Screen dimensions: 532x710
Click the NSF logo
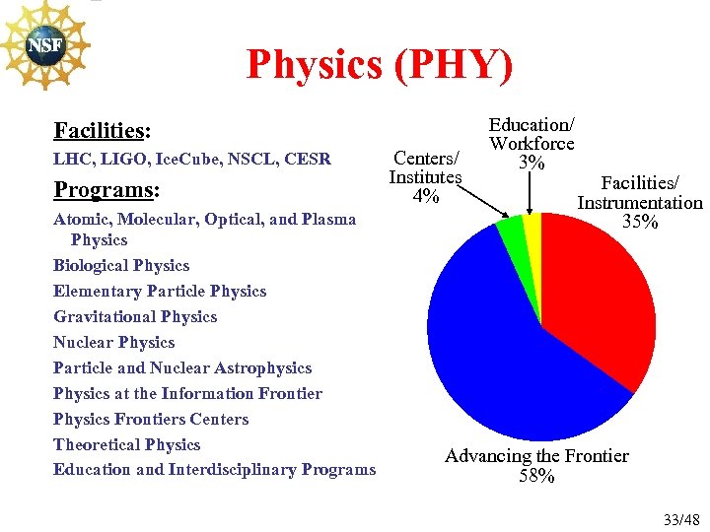[43, 46]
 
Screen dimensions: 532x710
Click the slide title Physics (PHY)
[380, 65]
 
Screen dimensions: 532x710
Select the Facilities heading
[102, 131]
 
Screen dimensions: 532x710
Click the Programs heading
[106, 189]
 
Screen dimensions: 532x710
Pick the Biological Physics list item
[121, 266]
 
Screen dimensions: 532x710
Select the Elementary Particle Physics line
[160, 292]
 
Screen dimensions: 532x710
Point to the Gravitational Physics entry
[135, 317]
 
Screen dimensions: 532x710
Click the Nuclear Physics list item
[113, 343]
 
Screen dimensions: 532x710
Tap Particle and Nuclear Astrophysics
[182, 368]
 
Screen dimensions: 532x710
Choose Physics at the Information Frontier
[187, 394]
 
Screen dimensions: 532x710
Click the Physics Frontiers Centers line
[151, 420]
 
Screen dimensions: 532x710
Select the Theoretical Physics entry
[126, 445]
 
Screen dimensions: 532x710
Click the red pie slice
[602, 296]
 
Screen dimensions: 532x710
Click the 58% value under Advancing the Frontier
[536, 477]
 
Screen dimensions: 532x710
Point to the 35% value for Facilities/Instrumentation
[640, 223]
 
